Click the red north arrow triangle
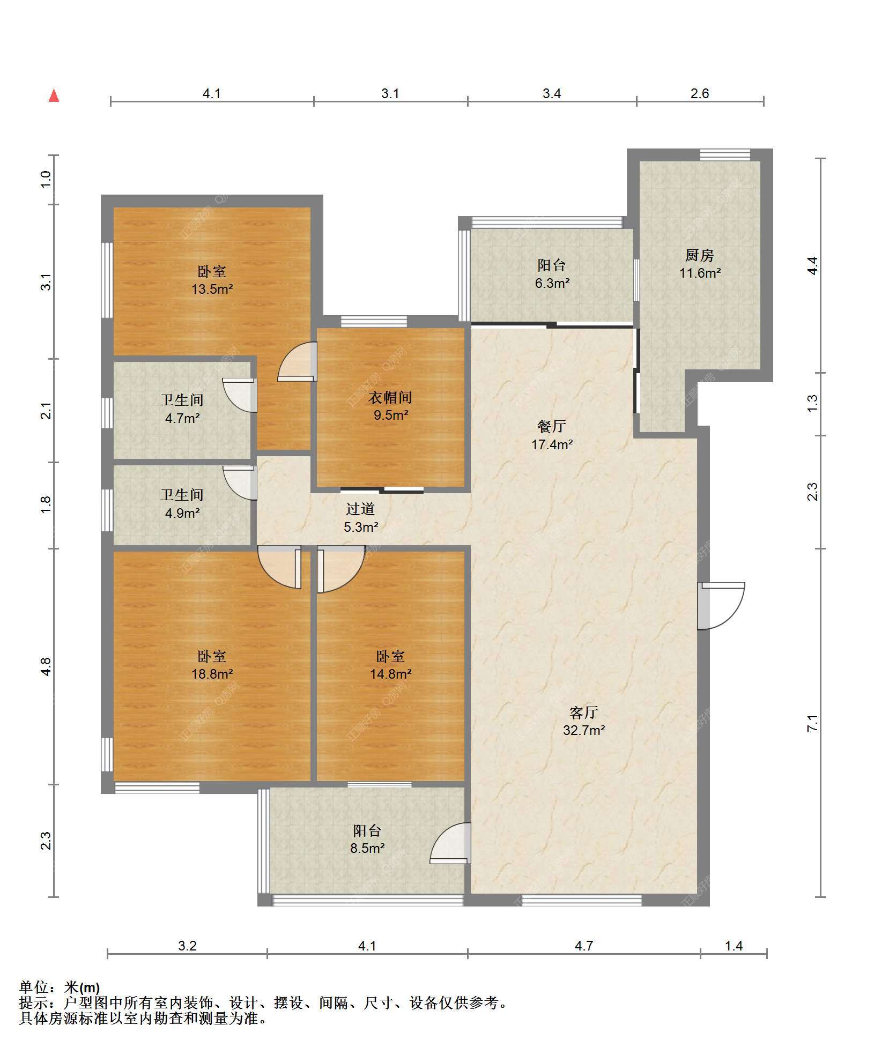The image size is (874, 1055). (x=54, y=96)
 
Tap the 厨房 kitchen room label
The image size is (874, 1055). (x=699, y=255)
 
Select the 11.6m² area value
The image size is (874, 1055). (x=700, y=273)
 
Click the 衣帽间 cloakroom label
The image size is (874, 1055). (x=390, y=397)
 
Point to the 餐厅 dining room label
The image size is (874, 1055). (x=551, y=426)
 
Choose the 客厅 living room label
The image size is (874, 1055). (x=583, y=712)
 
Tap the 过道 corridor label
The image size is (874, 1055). (x=360, y=509)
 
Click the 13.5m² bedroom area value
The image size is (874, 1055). (x=212, y=289)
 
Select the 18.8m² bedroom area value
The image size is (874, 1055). (x=212, y=674)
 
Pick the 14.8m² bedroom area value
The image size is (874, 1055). (x=390, y=674)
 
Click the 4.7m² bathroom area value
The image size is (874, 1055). (x=182, y=418)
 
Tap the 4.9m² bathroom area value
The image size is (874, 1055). (x=182, y=513)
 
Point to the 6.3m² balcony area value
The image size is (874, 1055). (x=552, y=283)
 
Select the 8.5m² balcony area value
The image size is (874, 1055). (x=367, y=848)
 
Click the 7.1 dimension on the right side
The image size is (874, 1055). (x=813, y=723)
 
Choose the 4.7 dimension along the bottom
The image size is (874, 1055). (x=583, y=946)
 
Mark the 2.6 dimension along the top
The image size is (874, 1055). (x=699, y=93)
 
